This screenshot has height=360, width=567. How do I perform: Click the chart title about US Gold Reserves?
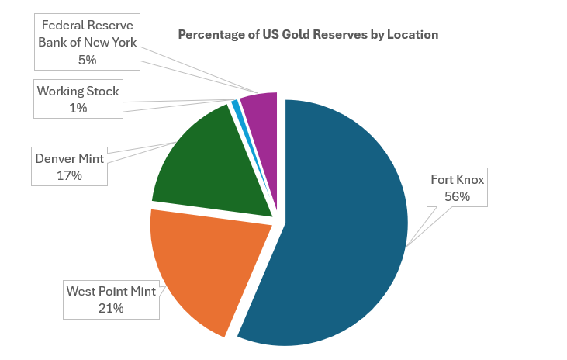(308, 35)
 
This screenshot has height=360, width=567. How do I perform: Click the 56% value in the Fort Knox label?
(457, 196)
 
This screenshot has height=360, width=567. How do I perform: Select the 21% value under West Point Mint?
(110, 308)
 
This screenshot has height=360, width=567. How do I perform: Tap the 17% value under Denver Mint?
(69, 175)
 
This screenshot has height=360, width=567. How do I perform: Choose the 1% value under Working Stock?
(78, 108)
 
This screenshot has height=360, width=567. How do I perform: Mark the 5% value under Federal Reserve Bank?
(87, 58)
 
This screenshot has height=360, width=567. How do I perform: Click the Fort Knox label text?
(457, 179)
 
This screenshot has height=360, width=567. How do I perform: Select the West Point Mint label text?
(110, 291)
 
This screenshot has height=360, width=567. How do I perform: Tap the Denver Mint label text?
(69, 158)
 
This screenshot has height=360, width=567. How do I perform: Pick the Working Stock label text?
(78, 91)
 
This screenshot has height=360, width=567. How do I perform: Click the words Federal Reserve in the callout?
(87, 25)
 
